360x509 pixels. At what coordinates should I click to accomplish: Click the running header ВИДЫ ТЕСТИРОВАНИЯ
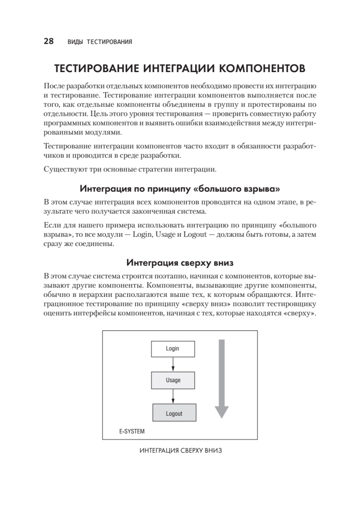pyautogui.click(x=100, y=42)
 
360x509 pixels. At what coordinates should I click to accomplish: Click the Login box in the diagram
pyautogui.click(x=173, y=349)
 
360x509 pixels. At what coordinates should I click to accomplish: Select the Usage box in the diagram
pyautogui.click(x=173, y=380)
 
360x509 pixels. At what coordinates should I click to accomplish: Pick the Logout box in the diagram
pyautogui.click(x=174, y=414)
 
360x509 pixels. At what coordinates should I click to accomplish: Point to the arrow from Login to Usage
pyautogui.click(x=173, y=364)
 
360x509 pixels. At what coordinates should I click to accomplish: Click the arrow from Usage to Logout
pyautogui.click(x=173, y=397)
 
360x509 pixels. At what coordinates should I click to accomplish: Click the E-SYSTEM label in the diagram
pyautogui.click(x=131, y=432)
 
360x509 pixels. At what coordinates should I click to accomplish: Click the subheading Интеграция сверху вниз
pyautogui.click(x=180, y=263)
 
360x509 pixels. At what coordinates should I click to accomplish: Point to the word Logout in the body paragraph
pyautogui.click(x=194, y=235)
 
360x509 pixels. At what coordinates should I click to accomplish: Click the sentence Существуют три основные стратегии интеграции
pyautogui.click(x=130, y=170)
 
